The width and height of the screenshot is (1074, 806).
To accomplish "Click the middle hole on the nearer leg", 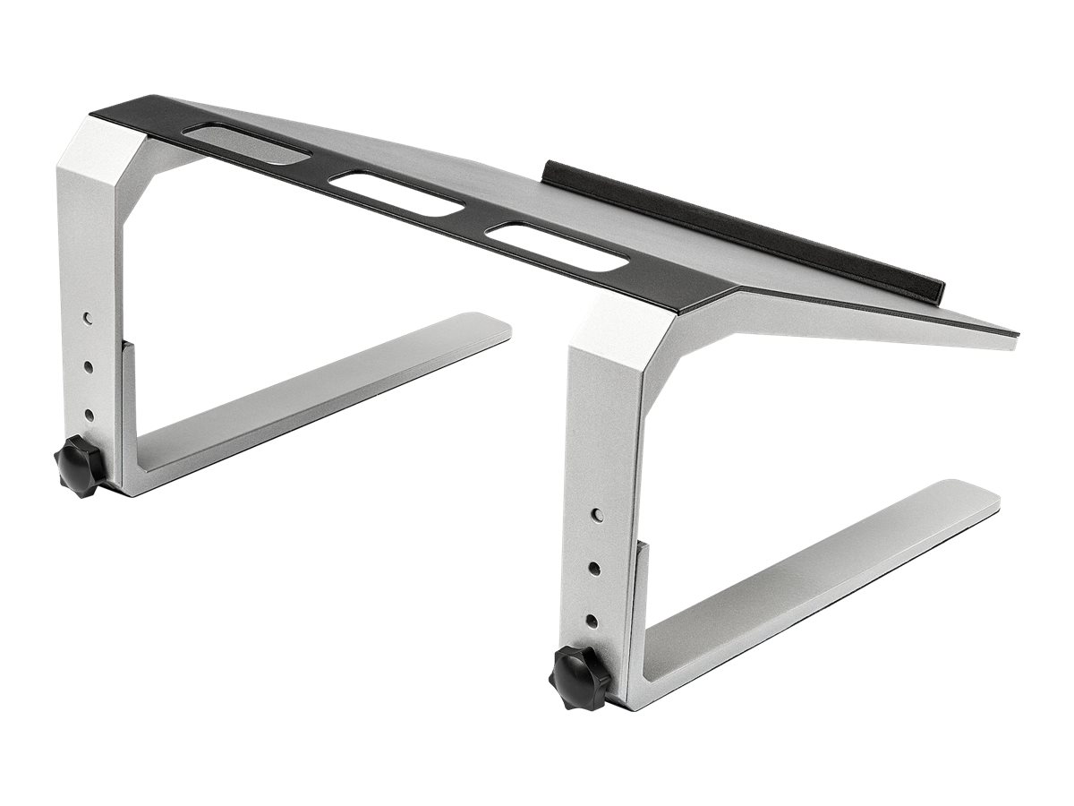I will point(592,567).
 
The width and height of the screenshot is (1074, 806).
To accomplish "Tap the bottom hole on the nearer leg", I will point(592,619).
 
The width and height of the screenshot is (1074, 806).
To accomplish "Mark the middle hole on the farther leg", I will point(89,365).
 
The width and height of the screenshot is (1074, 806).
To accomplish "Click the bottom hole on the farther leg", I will point(89,414).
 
